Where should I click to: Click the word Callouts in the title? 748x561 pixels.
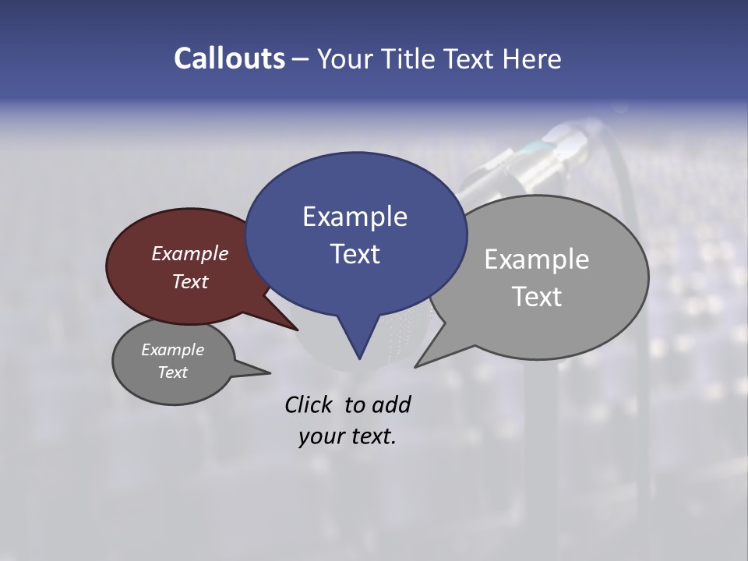point(230,58)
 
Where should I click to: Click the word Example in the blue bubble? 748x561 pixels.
point(355,217)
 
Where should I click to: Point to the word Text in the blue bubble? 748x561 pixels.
point(355,254)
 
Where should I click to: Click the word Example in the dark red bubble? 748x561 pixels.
point(190,253)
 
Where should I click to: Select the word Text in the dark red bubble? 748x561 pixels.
point(190,281)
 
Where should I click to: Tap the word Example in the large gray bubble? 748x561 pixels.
point(537,259)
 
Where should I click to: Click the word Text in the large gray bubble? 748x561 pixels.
point(537,297)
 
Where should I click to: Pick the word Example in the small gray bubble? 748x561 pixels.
point(172,350)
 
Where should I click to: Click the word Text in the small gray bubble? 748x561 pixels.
point(172,372)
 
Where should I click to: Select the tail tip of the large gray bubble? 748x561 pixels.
point(417,365)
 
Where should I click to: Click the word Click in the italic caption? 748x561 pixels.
point(310,404)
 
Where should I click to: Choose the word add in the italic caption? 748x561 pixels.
point(391,404)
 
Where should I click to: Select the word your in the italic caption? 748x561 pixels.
point(320,436)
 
